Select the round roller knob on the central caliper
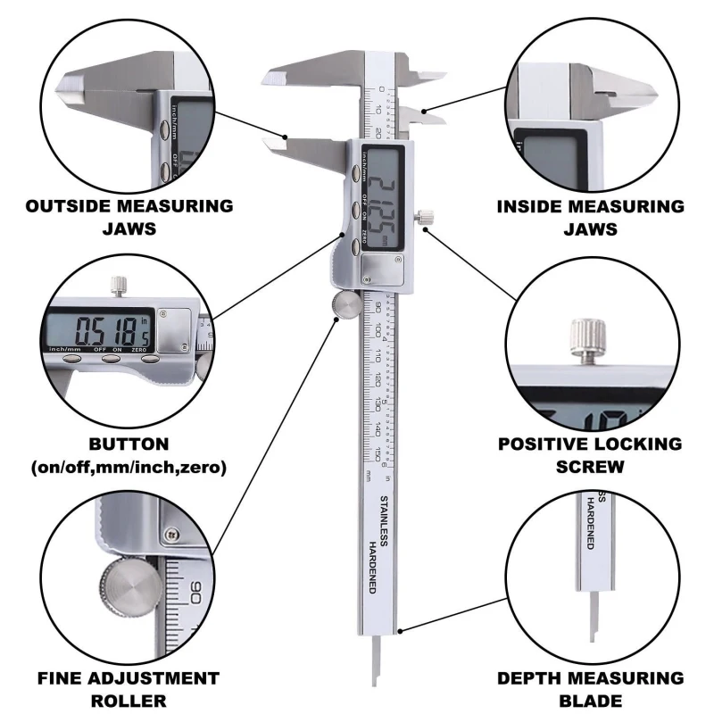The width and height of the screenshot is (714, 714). (x=345, y=306)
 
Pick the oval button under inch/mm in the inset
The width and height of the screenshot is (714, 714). (x=72, y=359)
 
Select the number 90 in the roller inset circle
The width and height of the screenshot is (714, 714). (x=197, y=591)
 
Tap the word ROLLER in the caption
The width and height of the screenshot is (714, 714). (x=128, y=702)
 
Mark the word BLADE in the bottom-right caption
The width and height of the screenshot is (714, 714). (x=590, y=702)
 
